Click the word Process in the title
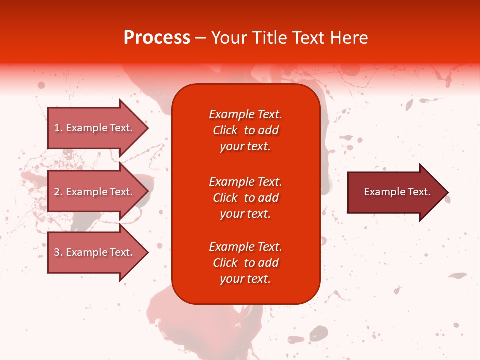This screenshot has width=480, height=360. tap(157, 38)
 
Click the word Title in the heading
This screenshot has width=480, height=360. tap(270, 38)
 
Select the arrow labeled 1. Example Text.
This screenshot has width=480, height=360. tap(95, 128)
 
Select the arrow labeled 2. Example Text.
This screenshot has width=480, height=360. tap(95, 192)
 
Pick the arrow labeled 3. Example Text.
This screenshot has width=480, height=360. tap(95, 252)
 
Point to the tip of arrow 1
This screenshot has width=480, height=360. tap(147, 128)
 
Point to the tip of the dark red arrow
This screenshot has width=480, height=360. tap(447, 192)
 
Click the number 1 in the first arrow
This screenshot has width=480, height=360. tap(57, 128)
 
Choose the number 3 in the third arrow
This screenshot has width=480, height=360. tap(57, 253)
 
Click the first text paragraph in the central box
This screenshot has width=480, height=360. tap(245, 130)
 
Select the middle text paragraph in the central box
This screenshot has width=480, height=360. tap(245, 198)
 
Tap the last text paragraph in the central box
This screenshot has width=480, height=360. tap(245, 263)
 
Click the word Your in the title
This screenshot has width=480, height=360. tap(229, 38)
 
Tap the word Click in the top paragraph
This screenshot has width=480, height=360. tap(225, 131)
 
